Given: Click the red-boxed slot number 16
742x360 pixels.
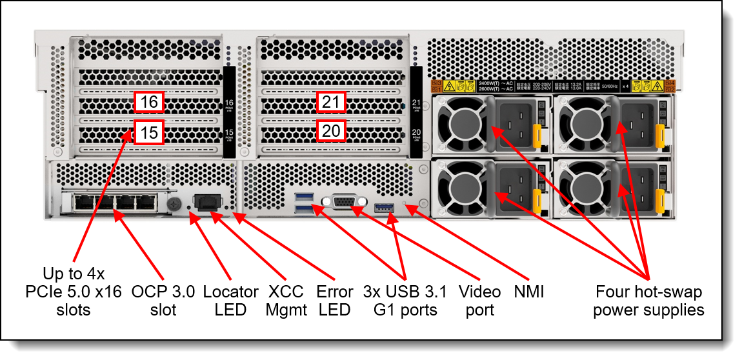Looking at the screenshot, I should click(x=149, y=103).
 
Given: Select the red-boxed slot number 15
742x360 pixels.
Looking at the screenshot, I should click(x=149, y=133).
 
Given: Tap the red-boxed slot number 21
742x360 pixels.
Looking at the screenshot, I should click(x=331, y=103).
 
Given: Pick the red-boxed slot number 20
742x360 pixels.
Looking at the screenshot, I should click(x=331, y=131).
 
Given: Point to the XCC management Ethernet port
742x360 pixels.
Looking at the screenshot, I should click(x=206, y=202).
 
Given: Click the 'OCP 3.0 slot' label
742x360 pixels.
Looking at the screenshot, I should click(x=163, y=301).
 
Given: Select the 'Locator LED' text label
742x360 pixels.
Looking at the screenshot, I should click(x=231, y=301).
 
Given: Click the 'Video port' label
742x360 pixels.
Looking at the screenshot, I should click(x=479, y=301).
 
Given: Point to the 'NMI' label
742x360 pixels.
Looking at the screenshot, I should click(x=528, y=292).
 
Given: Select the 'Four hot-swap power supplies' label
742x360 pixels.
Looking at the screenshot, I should click(x=648, y=301).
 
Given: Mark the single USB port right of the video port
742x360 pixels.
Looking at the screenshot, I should click(x=383, y=207).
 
